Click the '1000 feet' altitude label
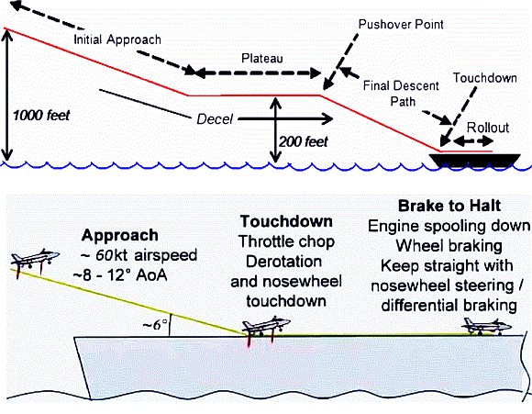tap(41, 116)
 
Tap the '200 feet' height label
tap(304, 141)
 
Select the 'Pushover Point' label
tap(401, 25)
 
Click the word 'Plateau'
tap(262, 59)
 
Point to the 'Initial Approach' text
tap(117, 39)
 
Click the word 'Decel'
tap(215, 119)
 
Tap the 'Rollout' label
tap(488, 128)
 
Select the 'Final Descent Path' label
tap(401, 94)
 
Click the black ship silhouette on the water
tap(474, 160)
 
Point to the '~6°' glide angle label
tap(155, 325)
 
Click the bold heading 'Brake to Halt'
tap(449, 206)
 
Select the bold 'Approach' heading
tap(120, 235)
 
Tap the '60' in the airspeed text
tap(105, 255)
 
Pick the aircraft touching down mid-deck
tap(266, 327)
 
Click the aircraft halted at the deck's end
tap(486, 327)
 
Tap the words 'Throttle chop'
tap(286, 241)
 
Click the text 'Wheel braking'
tap(449, 245)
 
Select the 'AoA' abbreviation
tap(151, 275)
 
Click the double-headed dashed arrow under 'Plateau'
tap(258, 73)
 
